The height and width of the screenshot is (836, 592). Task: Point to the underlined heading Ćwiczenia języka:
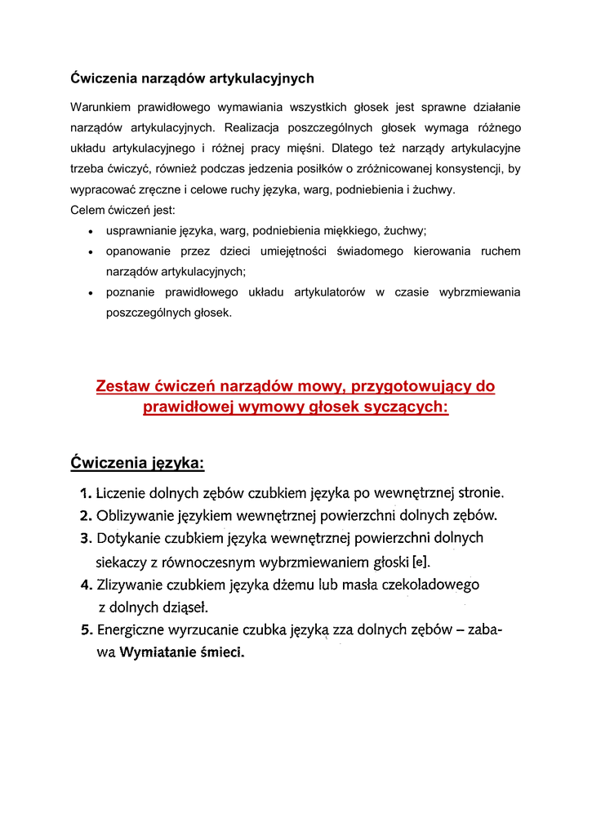tap(137, 463)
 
